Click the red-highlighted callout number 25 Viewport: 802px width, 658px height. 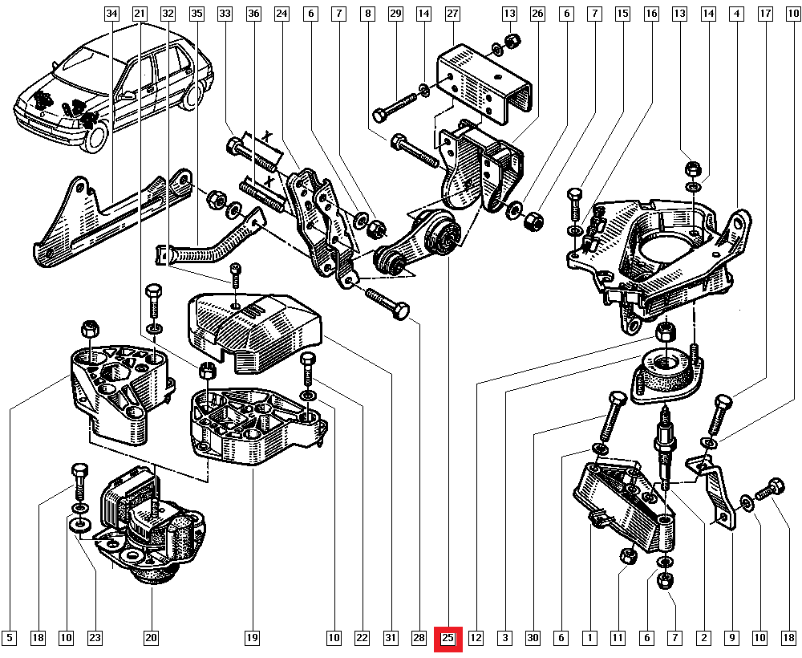[x=448, y=639]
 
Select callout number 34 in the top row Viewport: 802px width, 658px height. [x=111, y=14]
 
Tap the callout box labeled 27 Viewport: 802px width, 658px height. [x=453, y=14]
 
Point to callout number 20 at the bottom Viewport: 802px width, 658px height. [x=151, y=639]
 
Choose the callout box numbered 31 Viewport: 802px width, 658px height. [x=391, y=639]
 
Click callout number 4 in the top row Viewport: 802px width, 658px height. [x=735, y=14]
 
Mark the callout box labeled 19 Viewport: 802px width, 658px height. [x=252, y=639]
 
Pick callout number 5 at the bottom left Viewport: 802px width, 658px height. [x=10, y=639]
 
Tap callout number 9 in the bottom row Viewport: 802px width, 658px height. [x=731, y=639]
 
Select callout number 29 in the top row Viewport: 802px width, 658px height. [x=395, y=14]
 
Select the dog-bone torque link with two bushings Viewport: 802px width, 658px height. [x=417, y=241]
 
